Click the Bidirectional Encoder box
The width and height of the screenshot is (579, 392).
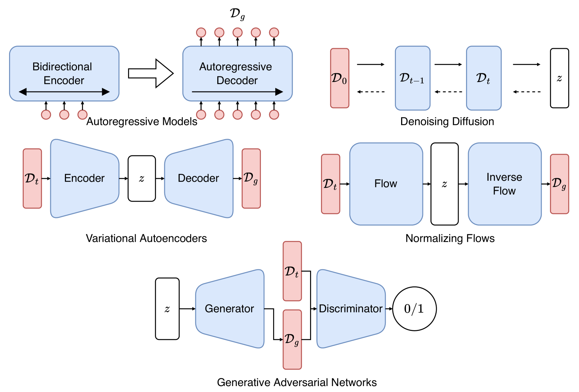(x=64, y=74)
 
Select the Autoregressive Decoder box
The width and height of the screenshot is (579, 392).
(x=237, y=74)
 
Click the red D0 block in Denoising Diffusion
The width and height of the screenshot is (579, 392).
(x=340, y=78)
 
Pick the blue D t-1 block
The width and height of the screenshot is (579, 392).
(x=412, y=78)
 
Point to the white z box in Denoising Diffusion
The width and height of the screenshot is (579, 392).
(x=559, y=78)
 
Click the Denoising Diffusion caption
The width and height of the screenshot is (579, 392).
(x=447, y=121)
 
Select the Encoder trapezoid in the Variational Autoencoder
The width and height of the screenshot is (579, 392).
(x=84, y=178)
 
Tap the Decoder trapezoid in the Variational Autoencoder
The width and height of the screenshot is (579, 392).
(x=198, y=178)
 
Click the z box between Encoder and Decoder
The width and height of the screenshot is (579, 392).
(x=142, y=179)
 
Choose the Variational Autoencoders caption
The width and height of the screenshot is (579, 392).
(x=146, y=238)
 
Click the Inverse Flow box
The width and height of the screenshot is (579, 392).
(x=504, y=184)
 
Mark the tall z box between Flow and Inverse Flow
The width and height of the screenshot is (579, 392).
(x=444, y=184)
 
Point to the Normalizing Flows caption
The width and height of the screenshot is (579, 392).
(x=450, y=238)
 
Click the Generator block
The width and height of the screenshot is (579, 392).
(x=230, y=309)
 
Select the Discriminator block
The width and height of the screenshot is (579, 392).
(x=351, y=309)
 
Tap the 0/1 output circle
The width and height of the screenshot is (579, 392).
(x=414, y=309)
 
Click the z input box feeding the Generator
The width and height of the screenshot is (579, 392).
(x=167, y=309)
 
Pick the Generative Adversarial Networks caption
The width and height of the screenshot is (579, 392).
(x=297, y=382)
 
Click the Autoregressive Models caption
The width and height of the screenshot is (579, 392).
(x=142, y=121)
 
